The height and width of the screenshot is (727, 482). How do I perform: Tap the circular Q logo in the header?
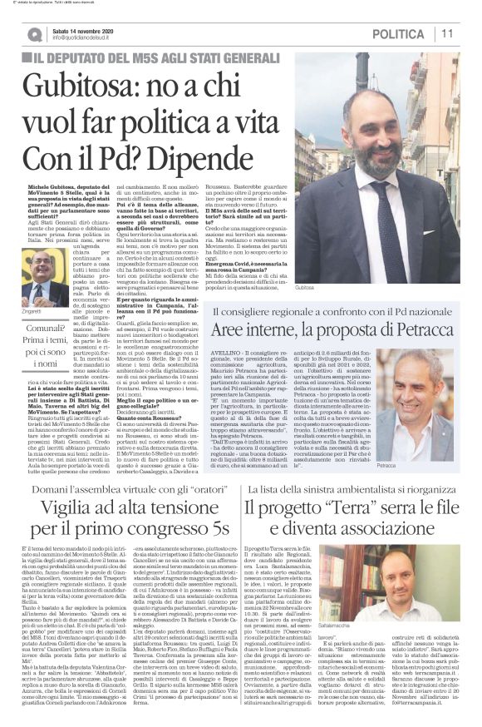33,34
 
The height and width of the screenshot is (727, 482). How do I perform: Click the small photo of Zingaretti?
37,277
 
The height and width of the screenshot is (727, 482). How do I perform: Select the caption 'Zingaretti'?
36,309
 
